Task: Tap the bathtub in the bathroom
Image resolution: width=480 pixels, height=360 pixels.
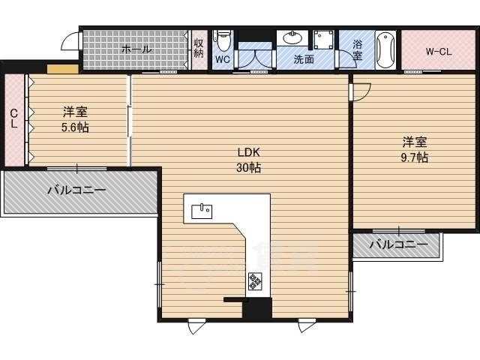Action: [x=385, y=49]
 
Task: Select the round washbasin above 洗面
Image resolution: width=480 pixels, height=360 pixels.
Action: [x=292, y=37]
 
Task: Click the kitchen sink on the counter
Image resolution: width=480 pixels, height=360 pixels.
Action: [x=202, y=211]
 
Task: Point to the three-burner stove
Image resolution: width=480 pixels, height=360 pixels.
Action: [x=255, y=280]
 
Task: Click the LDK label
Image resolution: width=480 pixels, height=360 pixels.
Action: [x=248, y=152]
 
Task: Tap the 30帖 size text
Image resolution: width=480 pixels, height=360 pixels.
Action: [x=248, y=167]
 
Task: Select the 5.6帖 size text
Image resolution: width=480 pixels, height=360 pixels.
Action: [x=75, y=127]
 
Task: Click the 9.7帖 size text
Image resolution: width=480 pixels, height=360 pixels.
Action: [x=415, y=157]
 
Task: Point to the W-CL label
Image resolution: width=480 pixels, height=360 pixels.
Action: [x=438, y=52]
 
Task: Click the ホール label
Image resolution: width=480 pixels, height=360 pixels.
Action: [x=136, y=49]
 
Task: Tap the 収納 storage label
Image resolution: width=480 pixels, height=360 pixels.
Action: [x=199, y=48]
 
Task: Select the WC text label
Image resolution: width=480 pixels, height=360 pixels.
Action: [x=223, y=59]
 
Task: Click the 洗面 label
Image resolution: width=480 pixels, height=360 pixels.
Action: [x=304, y=59]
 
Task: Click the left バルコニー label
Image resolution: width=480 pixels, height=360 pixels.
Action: [x=76, y=190]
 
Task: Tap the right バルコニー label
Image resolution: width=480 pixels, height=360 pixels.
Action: [x=398, y=244]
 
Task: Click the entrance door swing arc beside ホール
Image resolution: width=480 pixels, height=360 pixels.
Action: [x=67, y=39]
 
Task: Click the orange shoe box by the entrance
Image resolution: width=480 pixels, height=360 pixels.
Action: [x=63, y=69]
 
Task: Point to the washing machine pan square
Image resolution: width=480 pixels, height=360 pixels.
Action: [x=324, y=40]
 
